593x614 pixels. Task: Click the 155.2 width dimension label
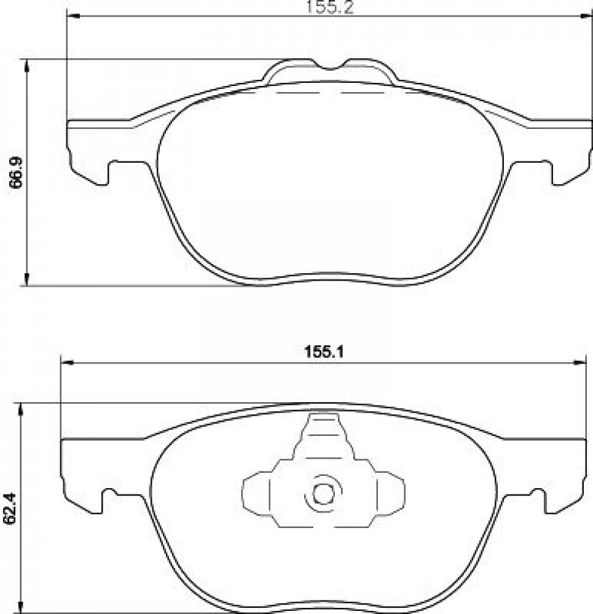coord(329,7)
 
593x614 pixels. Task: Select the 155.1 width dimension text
coord(324,352)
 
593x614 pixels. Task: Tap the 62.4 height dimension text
coord(10,508)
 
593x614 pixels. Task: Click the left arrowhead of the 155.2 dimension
coord(73,17)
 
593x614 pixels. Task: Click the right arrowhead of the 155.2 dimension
coord(586,17)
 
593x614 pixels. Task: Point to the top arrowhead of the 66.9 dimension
coord(26,66)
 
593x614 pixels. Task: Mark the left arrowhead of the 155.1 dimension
coord(68,363)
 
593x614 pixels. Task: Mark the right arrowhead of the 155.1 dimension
coord(581,363)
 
